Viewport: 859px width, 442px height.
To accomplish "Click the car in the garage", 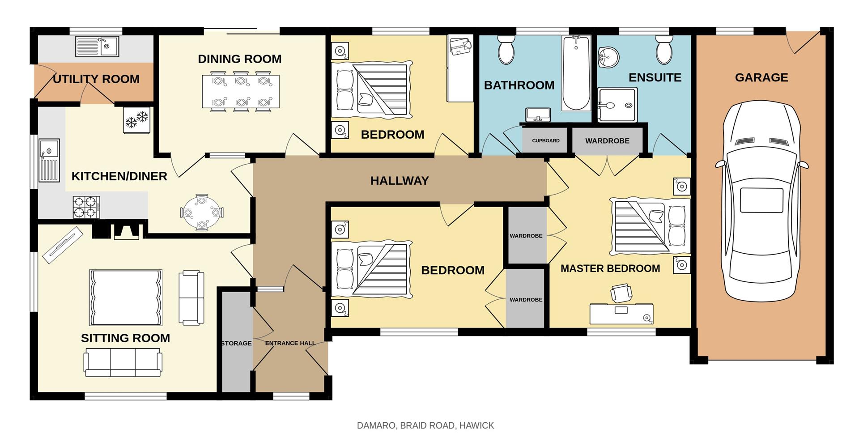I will (761, 201).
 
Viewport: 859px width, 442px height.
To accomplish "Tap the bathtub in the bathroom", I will (576, 74).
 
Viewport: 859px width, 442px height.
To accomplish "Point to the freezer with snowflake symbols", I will (137, 120).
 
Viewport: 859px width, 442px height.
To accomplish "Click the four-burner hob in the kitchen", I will (86, 207).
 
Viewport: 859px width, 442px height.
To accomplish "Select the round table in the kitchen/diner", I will (202, 212).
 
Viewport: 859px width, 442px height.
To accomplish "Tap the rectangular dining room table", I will (240, 92).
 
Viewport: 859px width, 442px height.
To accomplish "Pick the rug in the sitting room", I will (126, 297).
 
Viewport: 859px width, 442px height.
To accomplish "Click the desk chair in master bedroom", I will (621, 293).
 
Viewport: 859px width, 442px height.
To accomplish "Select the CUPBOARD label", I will (545, 140).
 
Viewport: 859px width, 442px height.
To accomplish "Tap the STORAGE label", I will (236, 343).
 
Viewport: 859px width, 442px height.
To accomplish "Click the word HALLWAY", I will (400, 181).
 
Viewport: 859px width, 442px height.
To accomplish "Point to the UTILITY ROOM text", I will (96, 79).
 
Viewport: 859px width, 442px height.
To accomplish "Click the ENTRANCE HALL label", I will (290, 343).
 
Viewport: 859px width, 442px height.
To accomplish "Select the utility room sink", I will (97, 46).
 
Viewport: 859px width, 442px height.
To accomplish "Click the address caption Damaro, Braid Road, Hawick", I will (425, 425).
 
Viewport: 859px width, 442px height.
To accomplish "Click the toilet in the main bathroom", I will (506, 50).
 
